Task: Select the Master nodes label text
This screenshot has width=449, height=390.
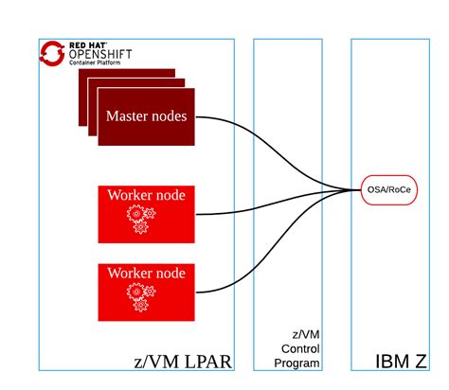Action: point(146,117)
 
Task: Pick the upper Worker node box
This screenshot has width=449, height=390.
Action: point(146,213)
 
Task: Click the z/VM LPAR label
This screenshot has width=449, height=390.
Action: point(181,361)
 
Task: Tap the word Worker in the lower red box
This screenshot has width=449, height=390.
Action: point(126,273)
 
